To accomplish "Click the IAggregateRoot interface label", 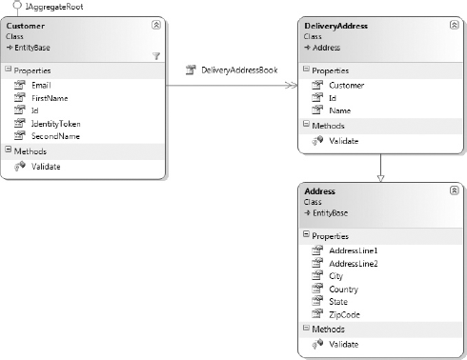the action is click(x=54, y=7).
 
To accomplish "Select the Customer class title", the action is click(x=26, y=26).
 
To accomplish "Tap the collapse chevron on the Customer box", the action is click(x=156, y=25).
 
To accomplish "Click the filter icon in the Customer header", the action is click(x=156, y=56).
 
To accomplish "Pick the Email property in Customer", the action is click(x=41, y=85).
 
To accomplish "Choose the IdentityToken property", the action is click(x=55, y=124).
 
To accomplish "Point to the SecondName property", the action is click(x=55, y=136).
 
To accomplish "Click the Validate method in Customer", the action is click(x=46, y=167).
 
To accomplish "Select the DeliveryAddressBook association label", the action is click(x=239, y=70).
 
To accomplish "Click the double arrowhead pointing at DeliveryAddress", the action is click(x=292, y=85).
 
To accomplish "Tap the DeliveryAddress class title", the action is click(x=335, y=26).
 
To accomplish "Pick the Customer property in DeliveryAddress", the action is click(x=347, y=85).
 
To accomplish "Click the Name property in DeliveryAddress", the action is click(x=340, y=110).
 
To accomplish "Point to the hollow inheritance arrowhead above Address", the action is click(x=380, y=178).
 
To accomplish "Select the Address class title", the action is click(x=319, y=191).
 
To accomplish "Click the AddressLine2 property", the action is click(x=354, y=264).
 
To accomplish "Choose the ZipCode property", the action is click(x=344, y=314).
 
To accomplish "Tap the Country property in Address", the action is click(x=343, y=290).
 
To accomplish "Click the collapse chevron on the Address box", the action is click(x=454, y=190).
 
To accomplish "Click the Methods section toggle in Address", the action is click(x=306, y=328).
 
